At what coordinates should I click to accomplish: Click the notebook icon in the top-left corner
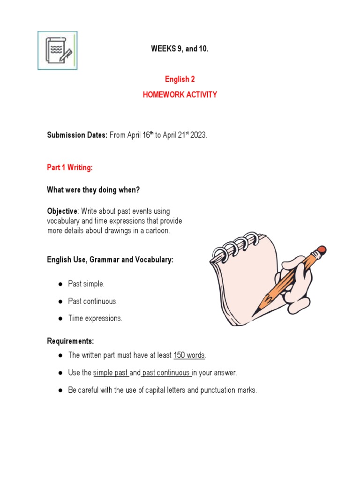57,50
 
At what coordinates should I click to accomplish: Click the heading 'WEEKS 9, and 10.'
180,49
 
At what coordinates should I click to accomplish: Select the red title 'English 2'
180,79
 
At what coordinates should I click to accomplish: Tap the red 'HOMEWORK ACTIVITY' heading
180,94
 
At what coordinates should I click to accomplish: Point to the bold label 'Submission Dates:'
77,135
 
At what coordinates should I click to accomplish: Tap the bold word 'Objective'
61,211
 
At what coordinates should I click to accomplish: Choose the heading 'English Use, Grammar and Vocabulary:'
110,259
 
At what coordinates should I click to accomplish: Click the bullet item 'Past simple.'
86,284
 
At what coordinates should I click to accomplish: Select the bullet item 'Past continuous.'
93,301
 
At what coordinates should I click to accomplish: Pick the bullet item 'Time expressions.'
95,318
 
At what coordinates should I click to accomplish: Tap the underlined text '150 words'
189,355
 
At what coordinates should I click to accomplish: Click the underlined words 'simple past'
110,373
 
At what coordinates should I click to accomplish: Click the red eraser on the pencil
321,250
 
